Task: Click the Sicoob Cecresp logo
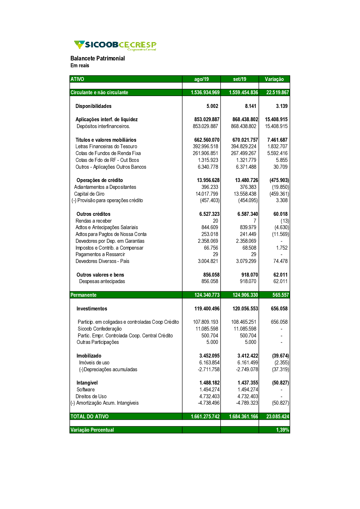pyautogui.click(x=115, y=45)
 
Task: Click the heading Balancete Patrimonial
pyautogui.click(x=98, y=58)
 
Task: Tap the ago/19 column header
pyautogui.click(x=201, y=79)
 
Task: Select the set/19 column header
pyautogui.click(x=239, y=79)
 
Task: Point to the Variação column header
pyautogui.click(x=274, y=79)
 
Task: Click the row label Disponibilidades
pyautogui.click(x=93, y=106)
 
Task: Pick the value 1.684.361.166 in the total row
pyautogui.click(x=243, y=417)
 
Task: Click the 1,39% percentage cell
pyautogui.click(x=282, y=430)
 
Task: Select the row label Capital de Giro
pyautogui.click(x=89, y=194)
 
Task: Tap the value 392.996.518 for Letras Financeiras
pyautogui.click(x=205, y=146)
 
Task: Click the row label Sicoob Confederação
pyautogui.click(x=100, y=329)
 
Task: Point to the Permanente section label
pyautogui.click(x=84, y=295)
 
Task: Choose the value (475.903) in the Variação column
pyautogui.click(x=279, y=180)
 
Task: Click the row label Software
pyautogui.click(x=86, y=390)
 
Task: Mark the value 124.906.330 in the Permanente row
pyautogui.click(x=245, y=295)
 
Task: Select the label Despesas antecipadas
pyautogui.click(x=102, y=281)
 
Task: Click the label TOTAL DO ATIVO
pyautogui.click(x=90, y=417)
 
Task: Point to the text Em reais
pyautogui.click(x=80, y=65)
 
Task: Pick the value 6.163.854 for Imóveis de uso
pyautogui.click(x=209, y=363)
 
